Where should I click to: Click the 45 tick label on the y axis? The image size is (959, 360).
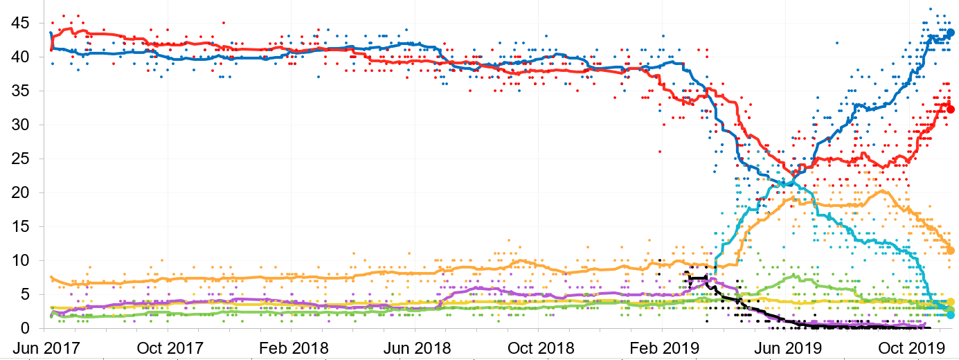(x=19, y=24)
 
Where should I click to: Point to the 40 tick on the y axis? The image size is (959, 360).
(x=19, y=57)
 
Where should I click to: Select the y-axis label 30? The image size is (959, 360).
(x=19, y=125)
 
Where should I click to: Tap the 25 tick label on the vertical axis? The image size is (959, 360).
(x=19, y=159)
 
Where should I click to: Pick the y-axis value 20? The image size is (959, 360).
(x=19, y=193)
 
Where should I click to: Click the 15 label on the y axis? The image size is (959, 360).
(x=19, y=227)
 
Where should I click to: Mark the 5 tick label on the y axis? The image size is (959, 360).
(x=24, y=295)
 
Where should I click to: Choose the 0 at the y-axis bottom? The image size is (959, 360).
(x=24, y=328)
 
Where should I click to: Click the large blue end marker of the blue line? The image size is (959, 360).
(x=951, y=33)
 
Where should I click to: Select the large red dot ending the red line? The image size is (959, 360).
(x=951, y=109)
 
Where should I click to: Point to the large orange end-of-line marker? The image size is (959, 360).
(x=951, y=251)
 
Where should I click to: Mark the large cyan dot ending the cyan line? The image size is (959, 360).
(x=951, y=315)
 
